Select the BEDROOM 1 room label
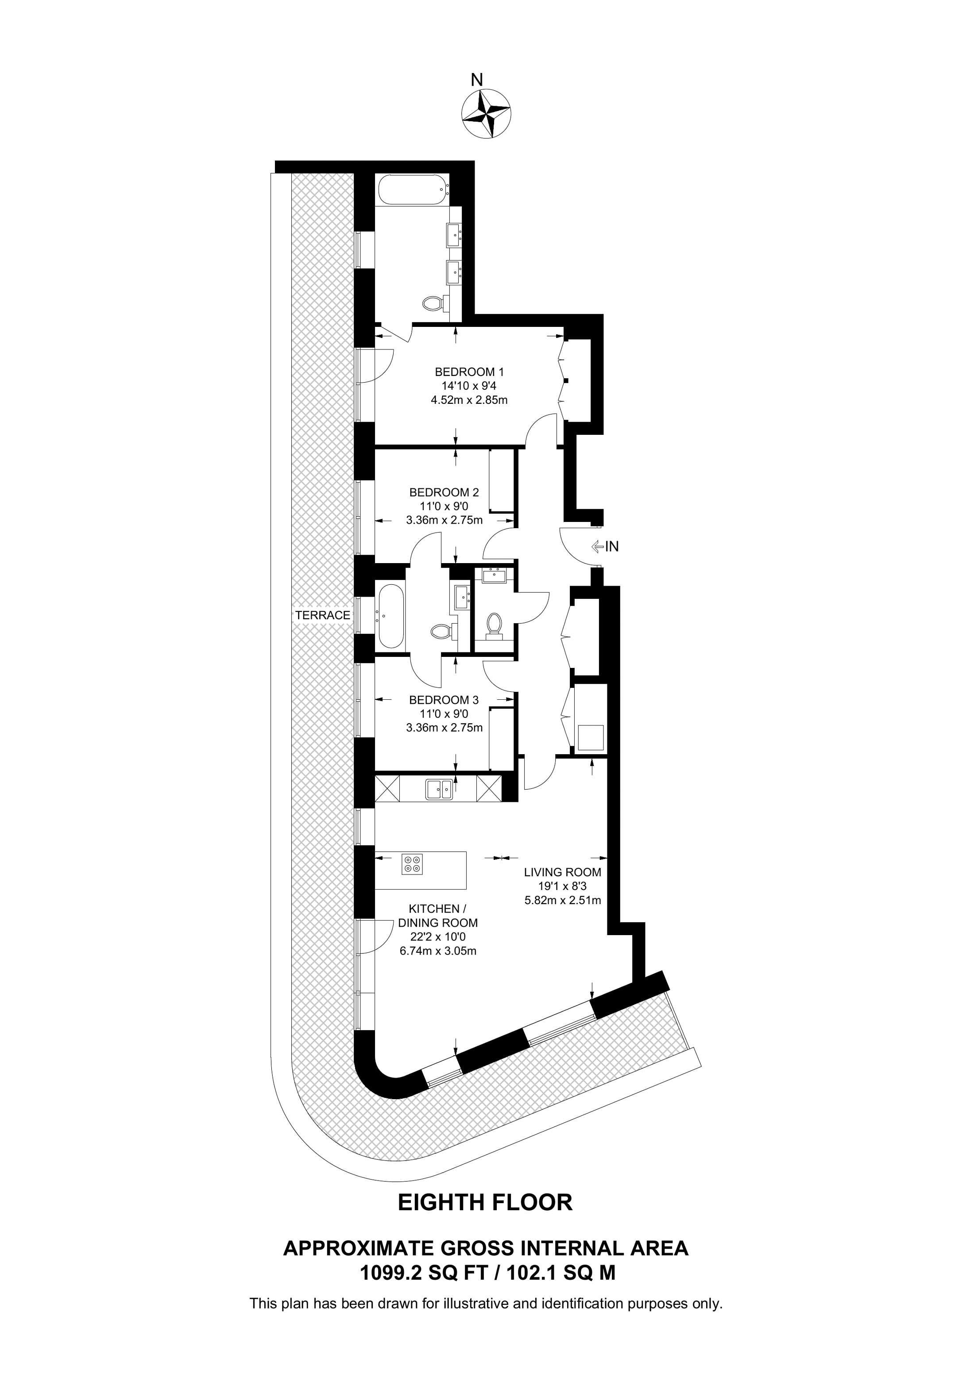point(469,372)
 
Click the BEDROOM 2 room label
point(444,492)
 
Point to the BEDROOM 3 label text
point(444,700)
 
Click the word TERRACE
point(322,615)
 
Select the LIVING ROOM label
point(562,873)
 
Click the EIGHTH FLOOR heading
point(486,1202)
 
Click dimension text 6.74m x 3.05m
point(438,951)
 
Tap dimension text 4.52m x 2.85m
point(469,399)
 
